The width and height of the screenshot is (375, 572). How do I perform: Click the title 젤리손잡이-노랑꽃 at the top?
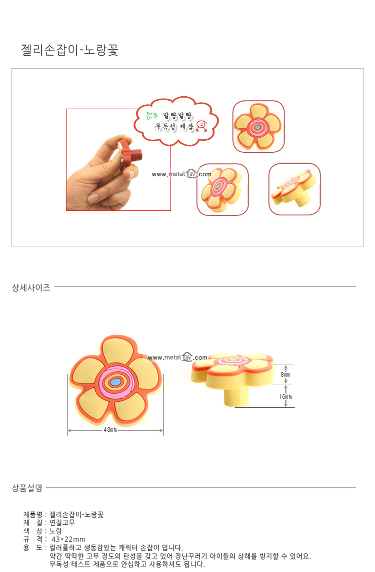(x=69, y=50)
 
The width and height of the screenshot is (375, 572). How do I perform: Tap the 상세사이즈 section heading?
(x=31, y=288)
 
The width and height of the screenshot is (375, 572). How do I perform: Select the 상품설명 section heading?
(x=27, y=488)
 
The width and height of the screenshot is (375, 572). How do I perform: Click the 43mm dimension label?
(x=110, y=430)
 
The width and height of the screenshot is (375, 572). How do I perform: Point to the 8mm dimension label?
(x=285, y=375)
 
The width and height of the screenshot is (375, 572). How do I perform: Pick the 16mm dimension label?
(x=285, y=397)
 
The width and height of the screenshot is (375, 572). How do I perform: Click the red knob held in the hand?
(x=130, y=154)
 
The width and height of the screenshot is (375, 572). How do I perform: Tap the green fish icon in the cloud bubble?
(x=152, y=116)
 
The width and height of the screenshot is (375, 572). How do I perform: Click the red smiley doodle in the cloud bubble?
(x=201, y=126)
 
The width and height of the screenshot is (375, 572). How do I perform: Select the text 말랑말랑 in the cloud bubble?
(x=177, y=116)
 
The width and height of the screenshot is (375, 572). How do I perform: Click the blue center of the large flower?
(x=116, y=382)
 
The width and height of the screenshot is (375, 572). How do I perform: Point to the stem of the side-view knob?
(x=236, y=395)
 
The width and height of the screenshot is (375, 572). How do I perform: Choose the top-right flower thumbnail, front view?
(x=258, y=126)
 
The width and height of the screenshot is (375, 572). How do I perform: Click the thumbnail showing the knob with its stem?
(x=294, y=189)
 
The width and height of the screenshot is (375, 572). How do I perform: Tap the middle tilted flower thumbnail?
(x=222, y=189)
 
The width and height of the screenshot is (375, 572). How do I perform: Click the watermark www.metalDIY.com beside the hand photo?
(x=181, y=174)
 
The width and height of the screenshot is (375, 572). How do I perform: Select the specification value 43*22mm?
(x=68, y=539)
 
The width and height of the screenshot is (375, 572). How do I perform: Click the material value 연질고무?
(x=62, y=522)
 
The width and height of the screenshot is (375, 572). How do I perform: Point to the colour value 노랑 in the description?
(x=55, y=531)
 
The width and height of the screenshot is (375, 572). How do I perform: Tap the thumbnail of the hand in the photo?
(x=118, y=159)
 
